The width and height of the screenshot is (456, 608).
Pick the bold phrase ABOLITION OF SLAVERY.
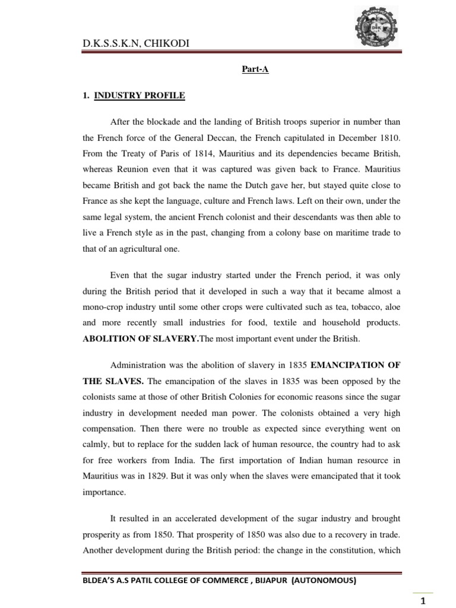pos(132,340)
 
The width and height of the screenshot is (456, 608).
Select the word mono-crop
pos(104,308)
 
